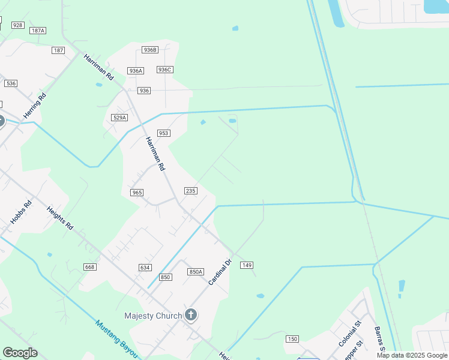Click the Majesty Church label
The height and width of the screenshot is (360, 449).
pos(152,316)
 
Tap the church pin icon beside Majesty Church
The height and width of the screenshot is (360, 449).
pos(191,314)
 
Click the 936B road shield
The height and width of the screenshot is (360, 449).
pos(149,50)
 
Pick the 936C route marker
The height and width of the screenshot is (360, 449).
pos(165,70)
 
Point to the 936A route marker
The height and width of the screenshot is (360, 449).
pos(136,71)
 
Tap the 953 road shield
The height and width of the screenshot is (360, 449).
pos(164,133)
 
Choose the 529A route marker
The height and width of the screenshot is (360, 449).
pos(119,118)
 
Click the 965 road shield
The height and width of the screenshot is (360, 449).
pos(137,192)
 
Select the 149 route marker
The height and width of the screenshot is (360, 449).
pos(246,265)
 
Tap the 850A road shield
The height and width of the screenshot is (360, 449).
pos(196,272)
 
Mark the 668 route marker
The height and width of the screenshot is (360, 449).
pos(90,267)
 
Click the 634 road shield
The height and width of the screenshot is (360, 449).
pos(145,268)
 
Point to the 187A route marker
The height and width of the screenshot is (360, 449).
pos(38,30)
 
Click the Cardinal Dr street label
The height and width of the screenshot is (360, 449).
pos(220,272)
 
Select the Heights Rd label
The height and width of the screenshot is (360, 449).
pos(60,218)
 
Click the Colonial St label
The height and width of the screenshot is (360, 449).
pos(349,334)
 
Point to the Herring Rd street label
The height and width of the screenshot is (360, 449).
pos(34,105)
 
